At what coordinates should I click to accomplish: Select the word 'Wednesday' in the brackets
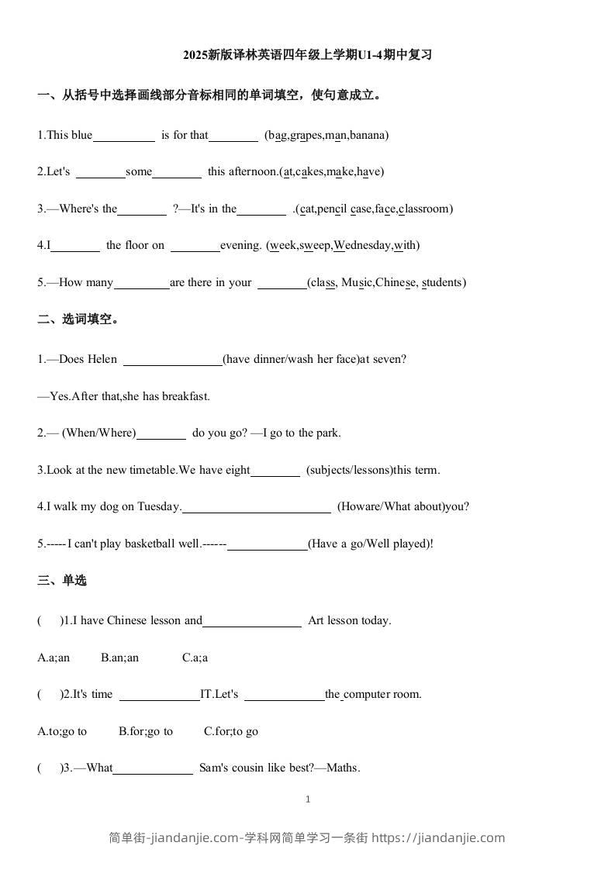pos(362,245)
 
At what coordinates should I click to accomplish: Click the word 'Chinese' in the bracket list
pos(396,282)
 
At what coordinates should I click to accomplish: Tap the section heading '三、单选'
pos(62,580)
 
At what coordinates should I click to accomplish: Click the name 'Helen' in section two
pos(102,359)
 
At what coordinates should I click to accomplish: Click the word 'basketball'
pos(150,544)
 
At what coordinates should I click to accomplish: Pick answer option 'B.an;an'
pos(119,658)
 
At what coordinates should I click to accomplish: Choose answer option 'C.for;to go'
pos(231,731)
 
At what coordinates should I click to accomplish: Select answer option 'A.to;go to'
pos(62,731)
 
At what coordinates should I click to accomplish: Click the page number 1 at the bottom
pos(308,799)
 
